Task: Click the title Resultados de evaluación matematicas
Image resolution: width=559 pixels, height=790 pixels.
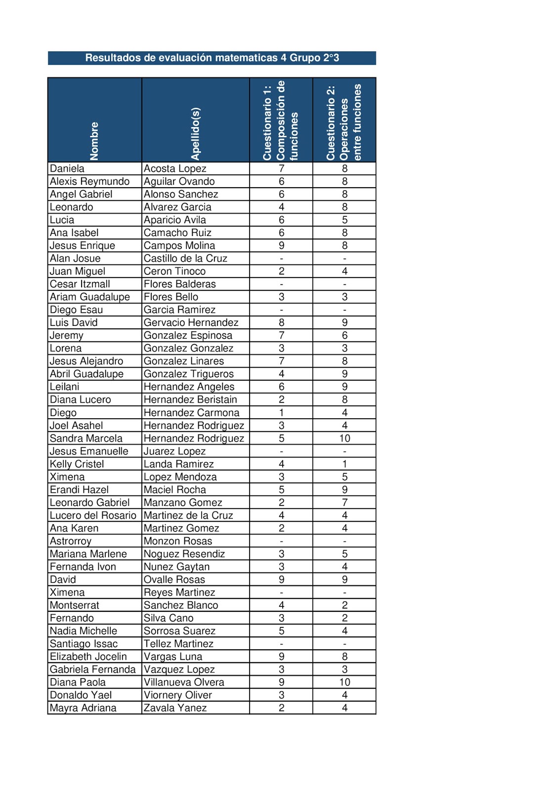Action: (x=212, y=58)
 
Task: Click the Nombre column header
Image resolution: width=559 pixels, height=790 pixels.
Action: (x=94, y=141)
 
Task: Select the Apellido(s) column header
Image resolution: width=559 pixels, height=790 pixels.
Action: (x=196, y=133)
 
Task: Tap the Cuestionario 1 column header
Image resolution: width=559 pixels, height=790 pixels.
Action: (x=281, y=120)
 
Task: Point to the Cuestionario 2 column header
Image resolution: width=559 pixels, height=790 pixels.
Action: (x=344, y=122)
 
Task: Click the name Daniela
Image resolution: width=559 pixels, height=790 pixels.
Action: (x=67, y=169)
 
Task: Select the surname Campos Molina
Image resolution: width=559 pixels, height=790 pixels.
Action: (x=179, y=246)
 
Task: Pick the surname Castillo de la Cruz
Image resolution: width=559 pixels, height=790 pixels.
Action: (x=185, y=259)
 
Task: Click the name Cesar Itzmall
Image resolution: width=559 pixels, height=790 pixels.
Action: (x=80, y=284)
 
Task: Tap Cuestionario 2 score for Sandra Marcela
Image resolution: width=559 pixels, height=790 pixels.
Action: (x=344, y=438)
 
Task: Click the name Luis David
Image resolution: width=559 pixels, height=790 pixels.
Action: (x=74, y=323)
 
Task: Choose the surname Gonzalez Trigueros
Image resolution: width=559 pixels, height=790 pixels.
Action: (x=189, y=374)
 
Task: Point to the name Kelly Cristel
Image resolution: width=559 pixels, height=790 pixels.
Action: (x=77, y=464)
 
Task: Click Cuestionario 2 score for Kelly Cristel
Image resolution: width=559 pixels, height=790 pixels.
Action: (x=344, y=464)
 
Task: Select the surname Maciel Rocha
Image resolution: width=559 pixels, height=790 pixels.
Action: (x=175, y=490)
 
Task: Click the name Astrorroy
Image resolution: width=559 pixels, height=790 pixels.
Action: (x=71, y=541)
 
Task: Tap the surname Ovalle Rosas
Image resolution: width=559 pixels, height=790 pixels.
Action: (x=174, y=580)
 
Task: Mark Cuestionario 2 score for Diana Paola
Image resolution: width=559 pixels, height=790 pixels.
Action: (x=344, y=682)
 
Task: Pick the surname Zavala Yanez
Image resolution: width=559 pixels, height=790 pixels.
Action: (x=175, y=708)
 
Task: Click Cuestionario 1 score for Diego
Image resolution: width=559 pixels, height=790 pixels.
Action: (x=281, y=413)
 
